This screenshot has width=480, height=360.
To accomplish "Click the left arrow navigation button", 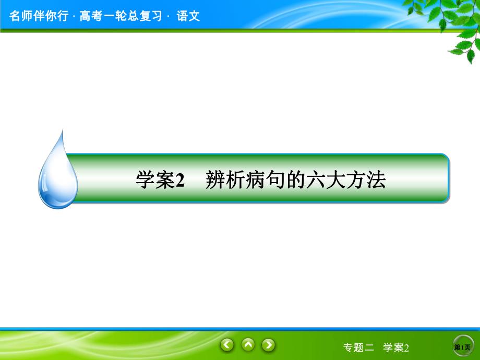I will click(x=227, y=345).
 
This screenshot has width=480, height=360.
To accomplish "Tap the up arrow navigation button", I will click(x=248, y=345).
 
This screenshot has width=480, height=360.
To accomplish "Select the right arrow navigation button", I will click(x=268, y=345).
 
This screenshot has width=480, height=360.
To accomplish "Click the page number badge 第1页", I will click(x=462, y=347).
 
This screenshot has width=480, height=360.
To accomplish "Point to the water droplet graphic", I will click(x=57, y=172).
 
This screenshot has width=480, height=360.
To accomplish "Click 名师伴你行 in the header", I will click(x=38, y=16).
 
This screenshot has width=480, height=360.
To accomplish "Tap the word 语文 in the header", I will click(x=188, y=16).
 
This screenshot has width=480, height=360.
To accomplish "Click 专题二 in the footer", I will click(x=359, y=347).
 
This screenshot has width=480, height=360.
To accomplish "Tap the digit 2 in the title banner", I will click(x=181, y=181).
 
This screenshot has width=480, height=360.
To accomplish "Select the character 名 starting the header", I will click(x=15, y=16).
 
